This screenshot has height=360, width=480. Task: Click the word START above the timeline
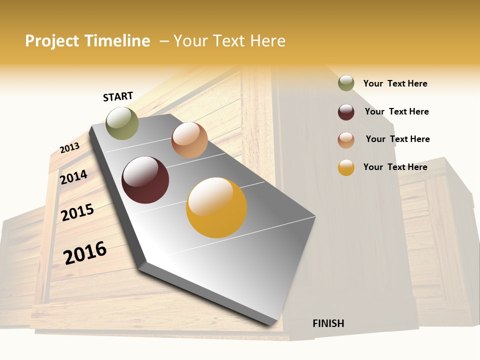(118, 96)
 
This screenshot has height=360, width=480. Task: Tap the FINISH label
(328, 323)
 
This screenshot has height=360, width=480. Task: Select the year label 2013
(69, 148)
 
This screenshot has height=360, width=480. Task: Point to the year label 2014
(73, 177)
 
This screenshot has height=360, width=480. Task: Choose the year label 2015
(77, 212)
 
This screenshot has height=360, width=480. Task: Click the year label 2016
(85, 253)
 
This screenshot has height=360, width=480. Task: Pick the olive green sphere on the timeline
(122, 123)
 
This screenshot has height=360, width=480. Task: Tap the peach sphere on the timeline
(189, 140)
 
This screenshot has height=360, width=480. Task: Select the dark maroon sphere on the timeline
(145, 180)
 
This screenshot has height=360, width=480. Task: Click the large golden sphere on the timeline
(216, 207)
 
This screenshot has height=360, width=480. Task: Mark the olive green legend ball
(346, 83)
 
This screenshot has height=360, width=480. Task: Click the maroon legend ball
(346, 112)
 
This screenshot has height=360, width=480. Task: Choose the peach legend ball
(346, 140)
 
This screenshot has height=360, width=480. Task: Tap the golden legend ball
(346, 167)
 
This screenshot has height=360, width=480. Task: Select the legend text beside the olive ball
(395, 83)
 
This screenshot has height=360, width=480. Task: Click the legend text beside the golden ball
(395, 167)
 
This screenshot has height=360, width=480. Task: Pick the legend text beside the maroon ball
(396, 111)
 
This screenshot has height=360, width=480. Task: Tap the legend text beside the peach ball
(397, 139)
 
